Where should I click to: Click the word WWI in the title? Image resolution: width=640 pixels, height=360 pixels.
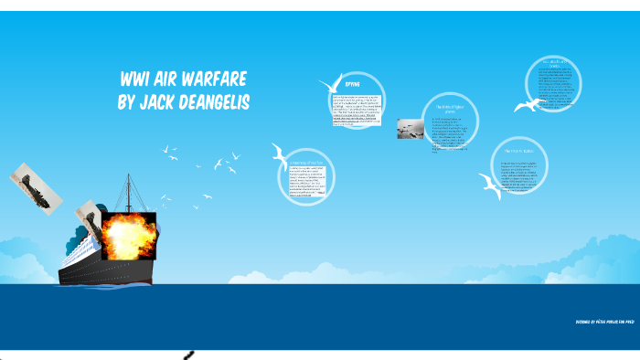pos(137,79)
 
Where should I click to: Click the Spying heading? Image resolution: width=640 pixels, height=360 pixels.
pos(352,84)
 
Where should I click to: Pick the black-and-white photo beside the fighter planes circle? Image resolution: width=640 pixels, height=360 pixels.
pos(410,129)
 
